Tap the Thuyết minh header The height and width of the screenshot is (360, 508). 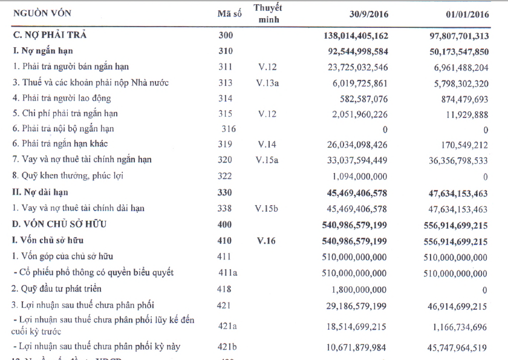267,14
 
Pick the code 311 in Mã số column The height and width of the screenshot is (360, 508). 225,67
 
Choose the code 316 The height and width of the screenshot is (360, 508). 229,128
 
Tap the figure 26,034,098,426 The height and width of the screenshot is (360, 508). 347,145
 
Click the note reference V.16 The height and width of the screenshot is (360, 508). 266,241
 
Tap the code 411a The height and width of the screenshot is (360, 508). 227,272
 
